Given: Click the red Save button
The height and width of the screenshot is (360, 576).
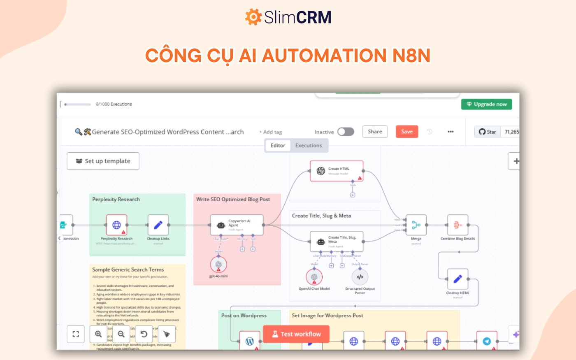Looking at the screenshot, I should click(x=406, y=132).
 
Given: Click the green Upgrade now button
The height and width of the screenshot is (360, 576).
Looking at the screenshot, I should click(x=487, y=105).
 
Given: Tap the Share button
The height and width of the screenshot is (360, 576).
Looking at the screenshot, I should click(x=375, y=132).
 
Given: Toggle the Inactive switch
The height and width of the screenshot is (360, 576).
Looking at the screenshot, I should click(x=346, y=132).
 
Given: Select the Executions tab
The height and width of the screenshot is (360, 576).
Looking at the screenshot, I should click(x=309, y=146).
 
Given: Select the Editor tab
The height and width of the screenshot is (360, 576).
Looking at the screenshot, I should click(x=278, y=146).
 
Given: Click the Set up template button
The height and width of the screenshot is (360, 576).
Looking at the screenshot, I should click(x=103, y=161).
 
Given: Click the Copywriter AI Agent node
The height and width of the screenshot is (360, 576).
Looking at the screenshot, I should click(x=237, y=225).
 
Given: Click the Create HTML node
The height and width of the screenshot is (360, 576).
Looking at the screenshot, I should click(x=336, y=171).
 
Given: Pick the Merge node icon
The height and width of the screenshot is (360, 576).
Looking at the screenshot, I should click(x=416, y=225).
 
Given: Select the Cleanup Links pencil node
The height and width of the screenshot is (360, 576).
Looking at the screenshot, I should click(x=158, y=225).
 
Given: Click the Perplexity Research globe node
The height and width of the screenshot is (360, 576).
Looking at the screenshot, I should click(x=116, y=225).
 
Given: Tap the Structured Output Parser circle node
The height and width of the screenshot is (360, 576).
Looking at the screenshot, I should click(x=360, y=277).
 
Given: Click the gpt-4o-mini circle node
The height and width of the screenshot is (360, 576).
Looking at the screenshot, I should click(x=218, y=265).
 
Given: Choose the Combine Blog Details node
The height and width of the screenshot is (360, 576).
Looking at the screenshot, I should click(x=458, y=225).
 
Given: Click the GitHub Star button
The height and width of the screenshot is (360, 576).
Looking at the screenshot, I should click(x=488, y=132).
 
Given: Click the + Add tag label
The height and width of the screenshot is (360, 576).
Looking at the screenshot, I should click(x=270, y=132).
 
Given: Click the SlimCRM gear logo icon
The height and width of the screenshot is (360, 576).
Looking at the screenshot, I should click(x=253, y=17).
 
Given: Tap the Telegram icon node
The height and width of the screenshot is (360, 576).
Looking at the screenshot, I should click(x=487, y=341).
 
